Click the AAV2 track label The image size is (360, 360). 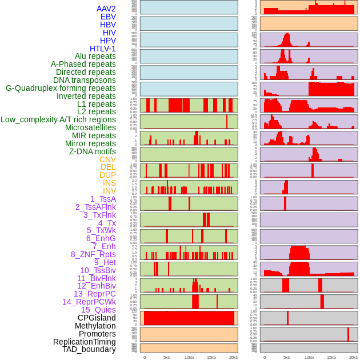click(x=106, y=9)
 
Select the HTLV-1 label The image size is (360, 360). click(x=103, y=49)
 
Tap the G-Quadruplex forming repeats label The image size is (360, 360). click(x=61, y=88)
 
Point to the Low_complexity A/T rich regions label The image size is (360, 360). click(x=58, y=119)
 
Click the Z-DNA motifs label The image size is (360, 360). click(x=93, y=151)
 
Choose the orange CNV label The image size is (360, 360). click(x=107, y=159)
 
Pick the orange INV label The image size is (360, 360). click(x=109, y=191)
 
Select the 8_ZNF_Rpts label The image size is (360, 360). click(x=93, y=254)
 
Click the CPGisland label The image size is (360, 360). click(x=97, y=318)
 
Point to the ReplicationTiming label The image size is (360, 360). click(x=85, y=342)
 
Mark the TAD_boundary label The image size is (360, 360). click(x=89, y=349)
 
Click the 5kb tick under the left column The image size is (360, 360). click(x=167, y=357)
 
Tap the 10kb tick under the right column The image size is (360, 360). click(x=309, y=357)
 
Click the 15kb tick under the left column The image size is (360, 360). click(x=211, y=357)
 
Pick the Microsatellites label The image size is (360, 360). click(x=90, y=127)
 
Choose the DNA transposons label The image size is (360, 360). click(x=85, y=80)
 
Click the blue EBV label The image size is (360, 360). click(x=108, y=17)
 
